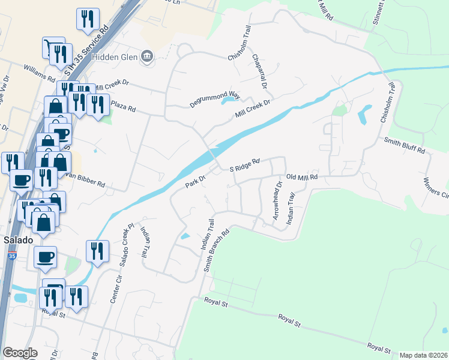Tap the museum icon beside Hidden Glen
[x=146, y=58]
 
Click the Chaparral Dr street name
[x=260, y=71]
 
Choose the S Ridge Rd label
[x=244, y=165]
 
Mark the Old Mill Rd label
[x=301, y=177]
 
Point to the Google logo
[x=20, y=353]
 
